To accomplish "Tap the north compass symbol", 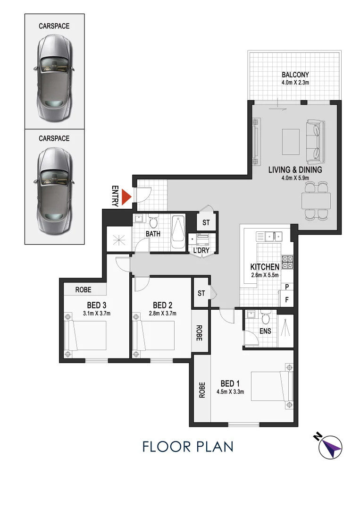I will click(x=329, y=446).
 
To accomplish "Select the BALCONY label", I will click(x=295, y=75).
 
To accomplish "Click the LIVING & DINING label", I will click(x=295, y=170).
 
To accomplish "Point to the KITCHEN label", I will click(x=265, y=267).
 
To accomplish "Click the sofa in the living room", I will click(x=315, y=140).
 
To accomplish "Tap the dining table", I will click(x=316, y=202).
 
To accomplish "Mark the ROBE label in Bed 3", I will click(x=83, y=290).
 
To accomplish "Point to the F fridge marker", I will click(x=287, y=299).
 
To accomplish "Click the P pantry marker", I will click(x=287, y=287).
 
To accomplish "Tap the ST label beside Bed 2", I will click(x=201, y=293).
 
